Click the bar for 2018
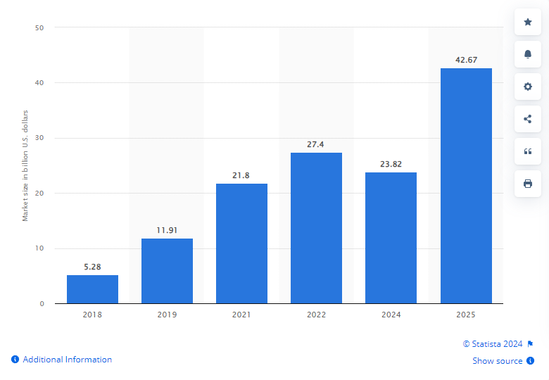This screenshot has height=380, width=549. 92,289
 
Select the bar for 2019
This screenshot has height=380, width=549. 167,271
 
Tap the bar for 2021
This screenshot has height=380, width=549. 241,243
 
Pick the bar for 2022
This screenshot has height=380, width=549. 316,228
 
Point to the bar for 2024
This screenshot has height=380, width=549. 391,238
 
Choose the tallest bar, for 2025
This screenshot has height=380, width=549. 466,186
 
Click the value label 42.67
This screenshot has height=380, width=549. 466,60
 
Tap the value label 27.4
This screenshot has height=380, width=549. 316,144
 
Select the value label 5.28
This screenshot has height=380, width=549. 92,267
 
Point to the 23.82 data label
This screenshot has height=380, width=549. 391,164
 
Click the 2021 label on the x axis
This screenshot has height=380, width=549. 241,315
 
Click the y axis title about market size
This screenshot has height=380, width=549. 25,165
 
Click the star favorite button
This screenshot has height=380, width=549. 528,22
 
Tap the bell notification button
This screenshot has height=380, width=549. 528,54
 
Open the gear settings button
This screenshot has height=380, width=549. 528,87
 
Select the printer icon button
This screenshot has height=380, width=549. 528,184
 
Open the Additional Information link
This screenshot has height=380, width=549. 67,360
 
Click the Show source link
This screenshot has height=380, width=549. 497,361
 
